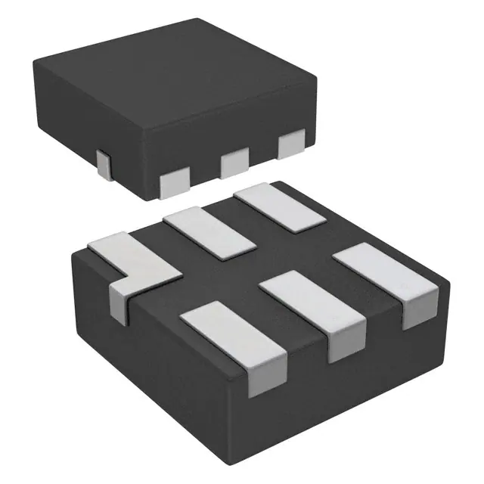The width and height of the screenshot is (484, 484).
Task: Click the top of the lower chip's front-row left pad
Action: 228,329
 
